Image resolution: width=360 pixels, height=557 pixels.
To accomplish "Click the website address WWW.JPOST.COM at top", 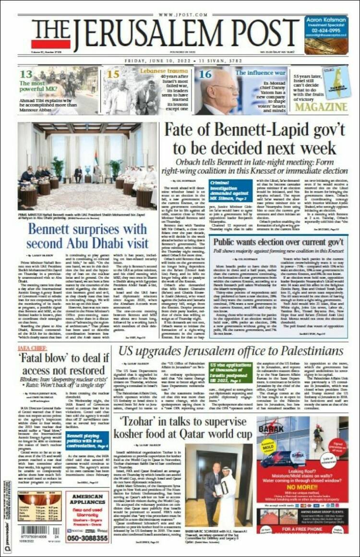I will pyautogui.click(x=180, y=15).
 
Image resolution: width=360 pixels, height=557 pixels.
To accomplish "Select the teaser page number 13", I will pyautogui.click(x=26, y=74).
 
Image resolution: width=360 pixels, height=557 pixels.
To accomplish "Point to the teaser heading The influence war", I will pyautogui.click(x=261, y=72).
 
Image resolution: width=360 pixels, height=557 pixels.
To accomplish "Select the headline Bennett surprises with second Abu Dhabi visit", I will pyautogui.click(x=90, y=235).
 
